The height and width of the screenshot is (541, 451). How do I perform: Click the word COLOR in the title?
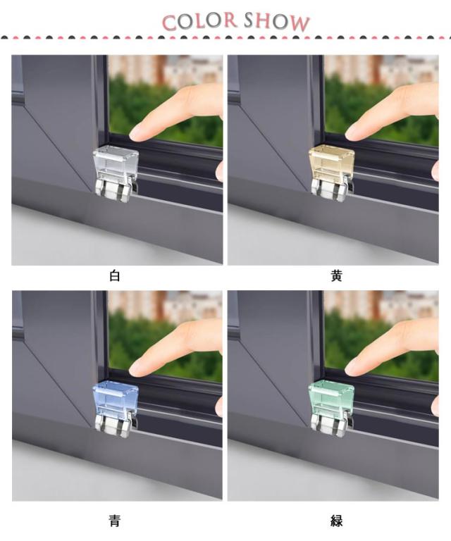point(199,21)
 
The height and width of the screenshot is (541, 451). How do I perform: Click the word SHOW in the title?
point(277,22)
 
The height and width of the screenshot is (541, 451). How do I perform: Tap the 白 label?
point(115,276)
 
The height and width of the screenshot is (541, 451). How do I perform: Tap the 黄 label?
point(336,276)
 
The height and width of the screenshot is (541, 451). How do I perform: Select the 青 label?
point(115,521)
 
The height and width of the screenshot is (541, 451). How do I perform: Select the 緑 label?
point(336,521)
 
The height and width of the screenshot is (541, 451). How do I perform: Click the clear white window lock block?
point(116,163)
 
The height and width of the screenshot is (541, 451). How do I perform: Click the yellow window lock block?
point(331,163)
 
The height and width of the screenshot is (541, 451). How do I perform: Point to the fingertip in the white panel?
point(134,135)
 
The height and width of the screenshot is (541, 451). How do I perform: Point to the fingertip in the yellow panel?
point(350,135)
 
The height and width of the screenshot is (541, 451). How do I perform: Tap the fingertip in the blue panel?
point(134,370)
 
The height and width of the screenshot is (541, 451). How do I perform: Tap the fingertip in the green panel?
point(350,370)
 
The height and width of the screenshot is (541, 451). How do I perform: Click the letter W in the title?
point(299,23)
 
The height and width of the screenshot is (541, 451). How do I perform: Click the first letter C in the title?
point(169,23)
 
